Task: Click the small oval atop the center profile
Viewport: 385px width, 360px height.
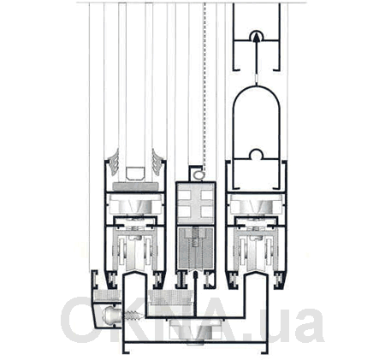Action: click(198, 175)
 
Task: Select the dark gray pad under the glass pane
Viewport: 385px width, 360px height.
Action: click(136, 186)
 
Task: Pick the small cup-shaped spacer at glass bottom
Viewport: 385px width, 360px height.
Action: click(136, 174)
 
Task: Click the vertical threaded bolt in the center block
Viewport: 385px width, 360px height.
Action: click(195, 238)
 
